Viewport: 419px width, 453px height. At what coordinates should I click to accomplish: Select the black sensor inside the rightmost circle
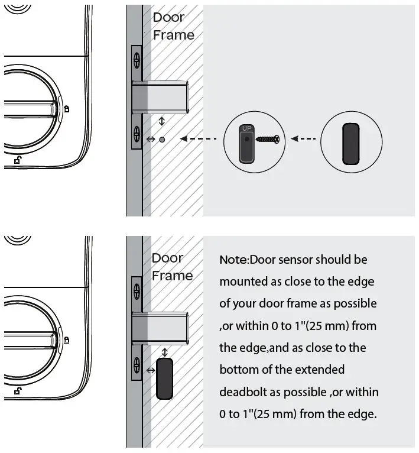coord(350,143)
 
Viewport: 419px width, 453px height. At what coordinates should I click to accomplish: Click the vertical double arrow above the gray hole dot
coord(163,121)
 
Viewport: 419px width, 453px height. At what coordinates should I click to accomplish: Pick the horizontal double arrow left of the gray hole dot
coord(150,140)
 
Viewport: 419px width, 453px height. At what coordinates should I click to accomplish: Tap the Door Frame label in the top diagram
coord(173,26)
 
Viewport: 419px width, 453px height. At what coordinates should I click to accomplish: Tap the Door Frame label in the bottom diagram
coord(172,267)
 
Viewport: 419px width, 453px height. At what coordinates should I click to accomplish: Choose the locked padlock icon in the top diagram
coord(67,108)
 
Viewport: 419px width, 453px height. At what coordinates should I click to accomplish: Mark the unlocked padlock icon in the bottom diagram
coord(20,390)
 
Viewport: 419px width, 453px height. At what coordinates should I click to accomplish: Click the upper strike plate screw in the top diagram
coord(137,59)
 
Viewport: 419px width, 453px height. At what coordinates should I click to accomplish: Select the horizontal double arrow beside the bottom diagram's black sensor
coord(150,370)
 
